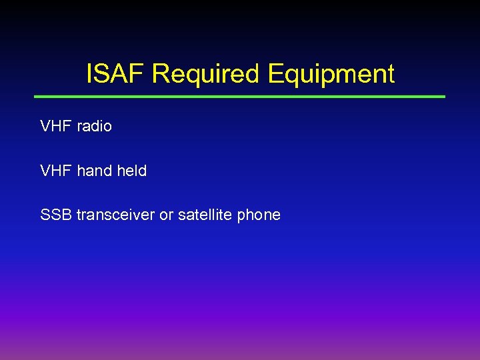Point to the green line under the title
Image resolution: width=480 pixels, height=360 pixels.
[x=240, y=97]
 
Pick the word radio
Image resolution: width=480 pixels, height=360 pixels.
[x=95, y=126]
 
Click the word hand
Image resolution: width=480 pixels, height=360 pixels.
[x=95, y=171]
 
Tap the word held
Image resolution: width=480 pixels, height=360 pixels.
[x=131, y=171]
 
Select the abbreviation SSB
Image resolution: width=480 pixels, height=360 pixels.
[x=56, y=215]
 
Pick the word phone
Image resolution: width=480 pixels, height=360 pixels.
[x=259, y=215]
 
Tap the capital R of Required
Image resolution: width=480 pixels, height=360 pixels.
[x=161, y=74]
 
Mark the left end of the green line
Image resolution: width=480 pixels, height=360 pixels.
[x=37, y=97]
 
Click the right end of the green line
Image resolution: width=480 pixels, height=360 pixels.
[x=443, y=97]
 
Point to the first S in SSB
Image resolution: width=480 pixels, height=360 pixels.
[x=45, y=215]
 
